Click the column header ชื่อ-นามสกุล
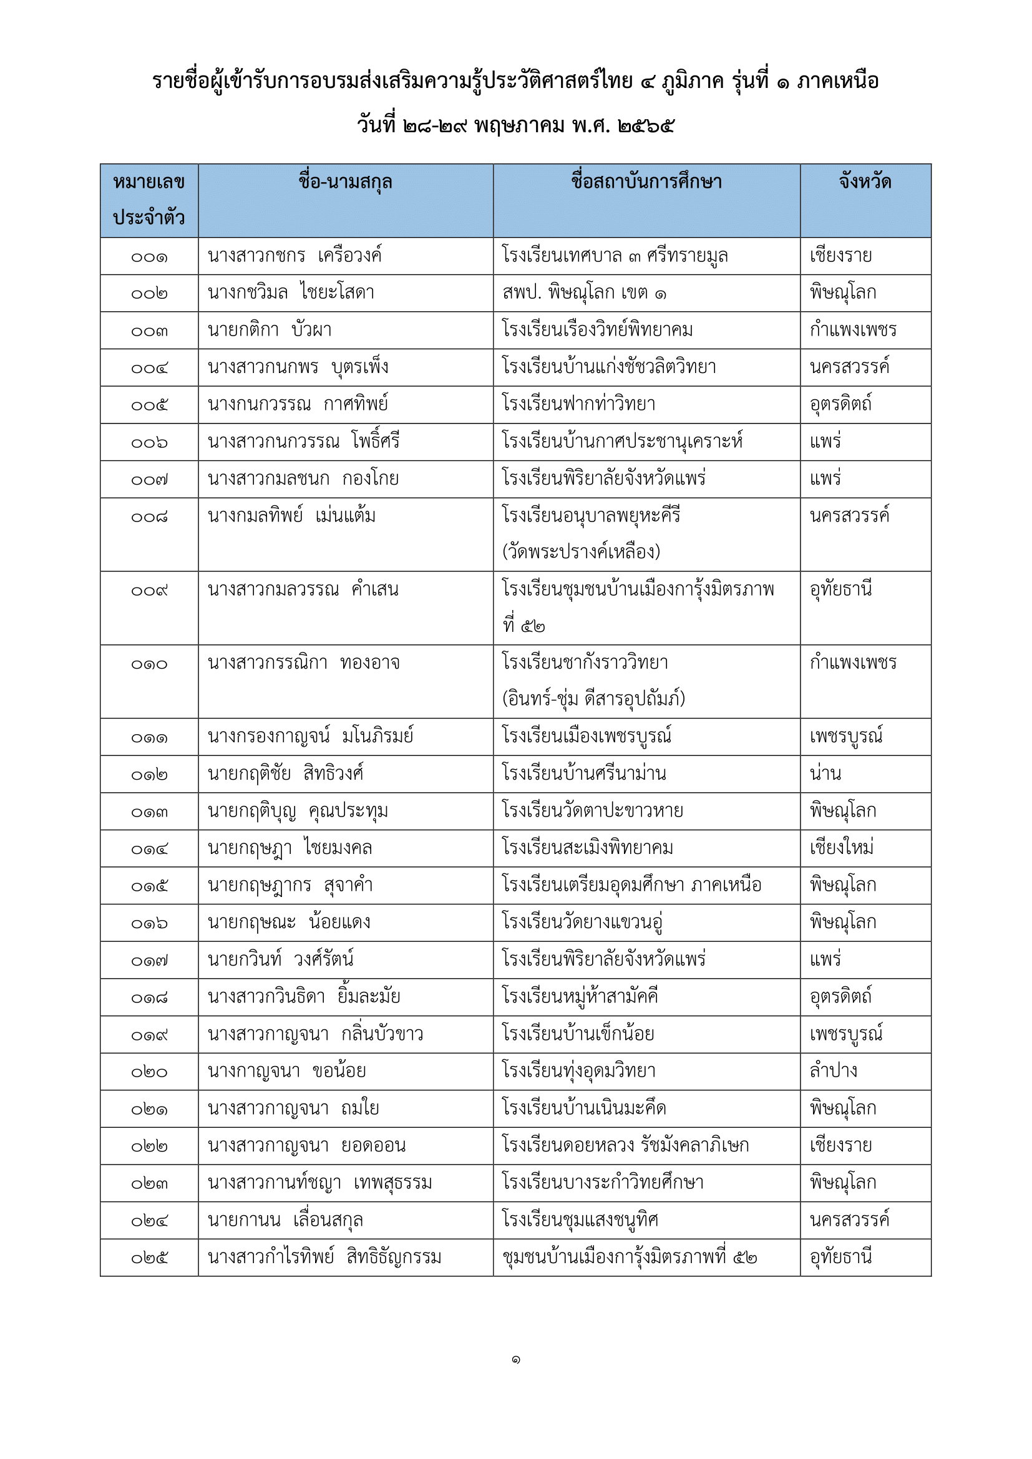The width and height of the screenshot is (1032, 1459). (x=345, y=183)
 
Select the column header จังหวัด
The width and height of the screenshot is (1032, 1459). (x=865, y=183)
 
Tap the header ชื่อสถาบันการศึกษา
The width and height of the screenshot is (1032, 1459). (x=646, y=183)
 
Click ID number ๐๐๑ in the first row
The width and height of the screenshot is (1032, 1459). (x=149, y=258)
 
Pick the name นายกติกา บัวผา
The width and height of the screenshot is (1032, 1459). (x=270, y=331)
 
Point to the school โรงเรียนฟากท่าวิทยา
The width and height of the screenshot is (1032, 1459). (x=578, y=405)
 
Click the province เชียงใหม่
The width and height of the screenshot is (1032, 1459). (x=841, y=848)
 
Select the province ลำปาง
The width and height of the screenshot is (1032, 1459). (x=833, y=1072)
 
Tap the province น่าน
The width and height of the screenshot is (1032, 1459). (x=825, y=774)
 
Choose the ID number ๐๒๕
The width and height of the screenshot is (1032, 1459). (x=149, y=1258)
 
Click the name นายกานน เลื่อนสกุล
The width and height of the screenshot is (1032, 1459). (x=285, y=1220)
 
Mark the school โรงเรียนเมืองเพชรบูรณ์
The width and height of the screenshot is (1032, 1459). (x=587, y=737)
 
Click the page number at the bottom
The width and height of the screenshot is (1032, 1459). (x=515, y=1360)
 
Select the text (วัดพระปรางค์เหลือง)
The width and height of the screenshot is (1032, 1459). (x=581, y=551)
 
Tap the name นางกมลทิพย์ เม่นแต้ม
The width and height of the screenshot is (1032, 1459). (x=291, y=515)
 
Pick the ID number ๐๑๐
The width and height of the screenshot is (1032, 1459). (x=149, y=665)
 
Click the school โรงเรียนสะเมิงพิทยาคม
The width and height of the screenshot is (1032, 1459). (x=587, y=848)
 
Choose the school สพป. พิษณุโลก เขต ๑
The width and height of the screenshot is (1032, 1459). (x=584, y=293)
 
